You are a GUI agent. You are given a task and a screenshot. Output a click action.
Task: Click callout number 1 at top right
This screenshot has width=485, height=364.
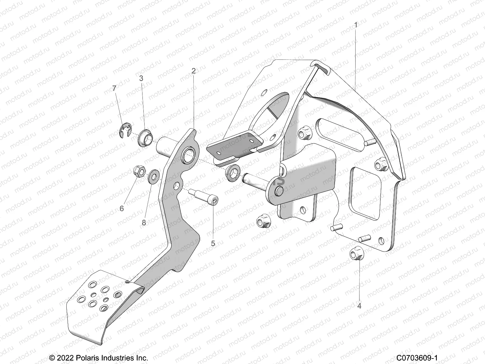(x=356, y=25)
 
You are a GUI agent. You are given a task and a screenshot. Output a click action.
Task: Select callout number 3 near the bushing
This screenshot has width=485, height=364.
(x=141, y=78)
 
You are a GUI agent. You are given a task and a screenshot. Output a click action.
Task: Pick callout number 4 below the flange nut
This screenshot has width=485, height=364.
(x=359, y=306)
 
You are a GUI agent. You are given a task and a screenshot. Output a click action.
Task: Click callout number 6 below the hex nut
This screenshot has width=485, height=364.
(x=122, y=208)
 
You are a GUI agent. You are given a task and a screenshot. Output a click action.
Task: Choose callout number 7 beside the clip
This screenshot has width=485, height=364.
(x=114, y=88)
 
